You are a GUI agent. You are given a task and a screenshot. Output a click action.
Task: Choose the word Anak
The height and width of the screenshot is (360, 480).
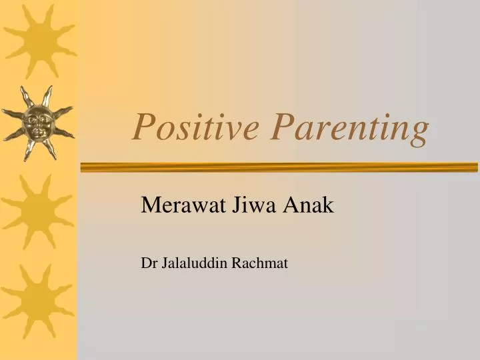(309, 205)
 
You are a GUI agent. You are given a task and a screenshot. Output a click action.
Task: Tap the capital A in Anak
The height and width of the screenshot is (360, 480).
(292, 205)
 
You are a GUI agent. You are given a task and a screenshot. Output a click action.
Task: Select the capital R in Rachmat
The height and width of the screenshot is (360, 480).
(237, 263)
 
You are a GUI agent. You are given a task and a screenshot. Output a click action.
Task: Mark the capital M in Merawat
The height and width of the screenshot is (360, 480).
(149, 205)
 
